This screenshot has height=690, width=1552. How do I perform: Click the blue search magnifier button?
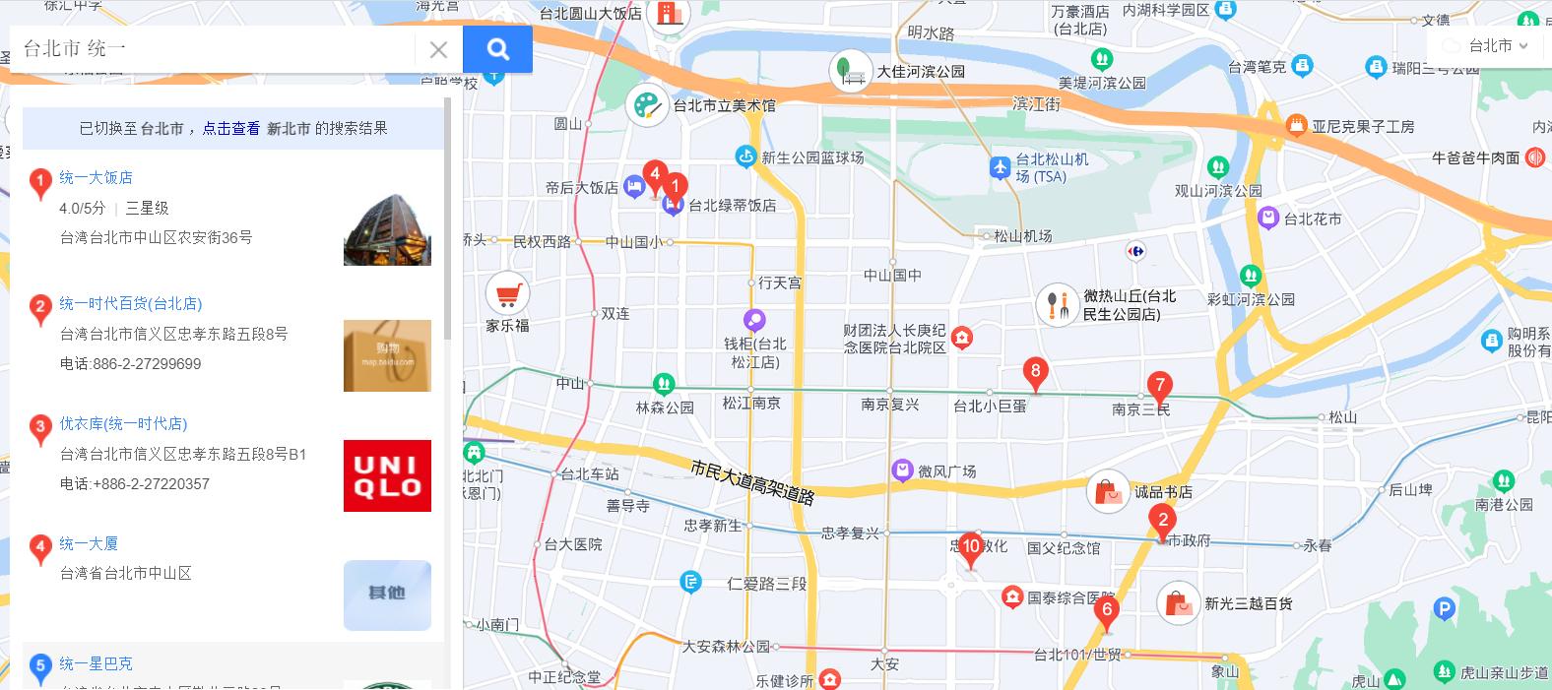click(x=497, y=49)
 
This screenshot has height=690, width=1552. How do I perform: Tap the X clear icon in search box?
click(x=438, y=49)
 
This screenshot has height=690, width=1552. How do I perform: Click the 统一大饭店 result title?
click(x=96, y=177)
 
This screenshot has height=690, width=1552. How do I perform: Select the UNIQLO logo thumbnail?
click(x=387, y=475)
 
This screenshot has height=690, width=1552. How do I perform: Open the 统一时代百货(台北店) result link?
click(x=130, y=303)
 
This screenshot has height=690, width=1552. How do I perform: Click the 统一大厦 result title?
click(x=89, y=543)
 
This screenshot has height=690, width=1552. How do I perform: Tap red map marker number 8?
click(x=1034, y=372)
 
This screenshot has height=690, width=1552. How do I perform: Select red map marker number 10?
click(x=971, y=547)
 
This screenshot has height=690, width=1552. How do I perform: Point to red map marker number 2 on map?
click(x=1163, y=522)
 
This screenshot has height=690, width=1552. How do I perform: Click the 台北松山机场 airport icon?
click(x=1001, y=167)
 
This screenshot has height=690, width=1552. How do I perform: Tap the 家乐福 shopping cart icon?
click(x=507, y=293)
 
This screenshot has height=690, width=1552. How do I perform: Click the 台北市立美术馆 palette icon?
click(x=646, y=105)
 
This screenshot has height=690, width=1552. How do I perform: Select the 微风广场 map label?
click(x=946, y=471)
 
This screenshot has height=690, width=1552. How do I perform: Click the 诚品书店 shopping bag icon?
click(x=1108, y=491)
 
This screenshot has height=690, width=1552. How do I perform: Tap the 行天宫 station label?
click(x=779, y=282)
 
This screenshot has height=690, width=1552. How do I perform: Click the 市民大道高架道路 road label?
click(x=752, y=482)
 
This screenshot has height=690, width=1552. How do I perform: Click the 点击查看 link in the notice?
click(x=231, y=128)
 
